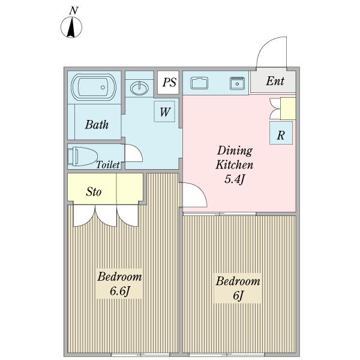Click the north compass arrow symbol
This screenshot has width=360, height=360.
[x=71, y=28]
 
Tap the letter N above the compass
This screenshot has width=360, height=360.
[x=74, y=11]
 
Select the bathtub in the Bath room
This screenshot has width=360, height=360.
[x=94, y=87]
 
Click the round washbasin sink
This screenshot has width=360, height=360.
[x=139, y=88]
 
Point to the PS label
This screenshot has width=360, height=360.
[x=169, y=82]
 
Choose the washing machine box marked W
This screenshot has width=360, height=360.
[x=164, y=112]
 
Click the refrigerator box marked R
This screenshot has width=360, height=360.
[x=281, y=133]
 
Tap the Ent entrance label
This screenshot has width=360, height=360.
[x=275, y=81]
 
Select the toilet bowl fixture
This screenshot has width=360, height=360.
[x=82, y=157]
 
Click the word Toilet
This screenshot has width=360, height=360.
[x=108, y=164]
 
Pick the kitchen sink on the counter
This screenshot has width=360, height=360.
[x=200, y=83]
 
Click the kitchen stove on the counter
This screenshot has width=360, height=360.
[x=238, y=83]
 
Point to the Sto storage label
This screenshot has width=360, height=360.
[x=94, y=191]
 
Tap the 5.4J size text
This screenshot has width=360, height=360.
[x=234, y=179]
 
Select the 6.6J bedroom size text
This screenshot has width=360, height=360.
[x=120, y=292]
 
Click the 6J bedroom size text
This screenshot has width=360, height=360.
[x=238, y=295]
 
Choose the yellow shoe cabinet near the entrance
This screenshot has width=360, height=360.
[x=288, y=109]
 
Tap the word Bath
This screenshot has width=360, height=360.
[x=97, y=125]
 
